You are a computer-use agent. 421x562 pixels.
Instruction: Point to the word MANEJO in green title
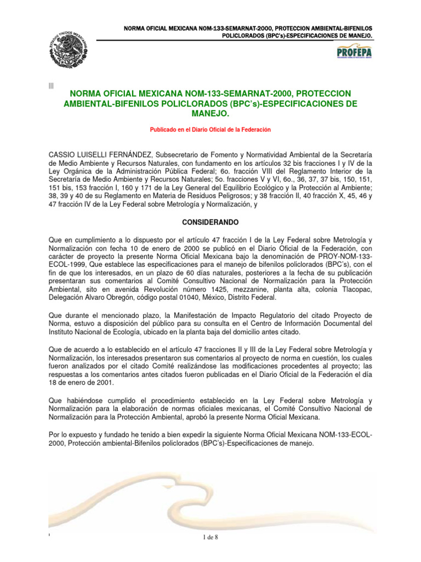pos(210,114)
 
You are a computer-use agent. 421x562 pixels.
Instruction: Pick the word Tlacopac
pos(356,289)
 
